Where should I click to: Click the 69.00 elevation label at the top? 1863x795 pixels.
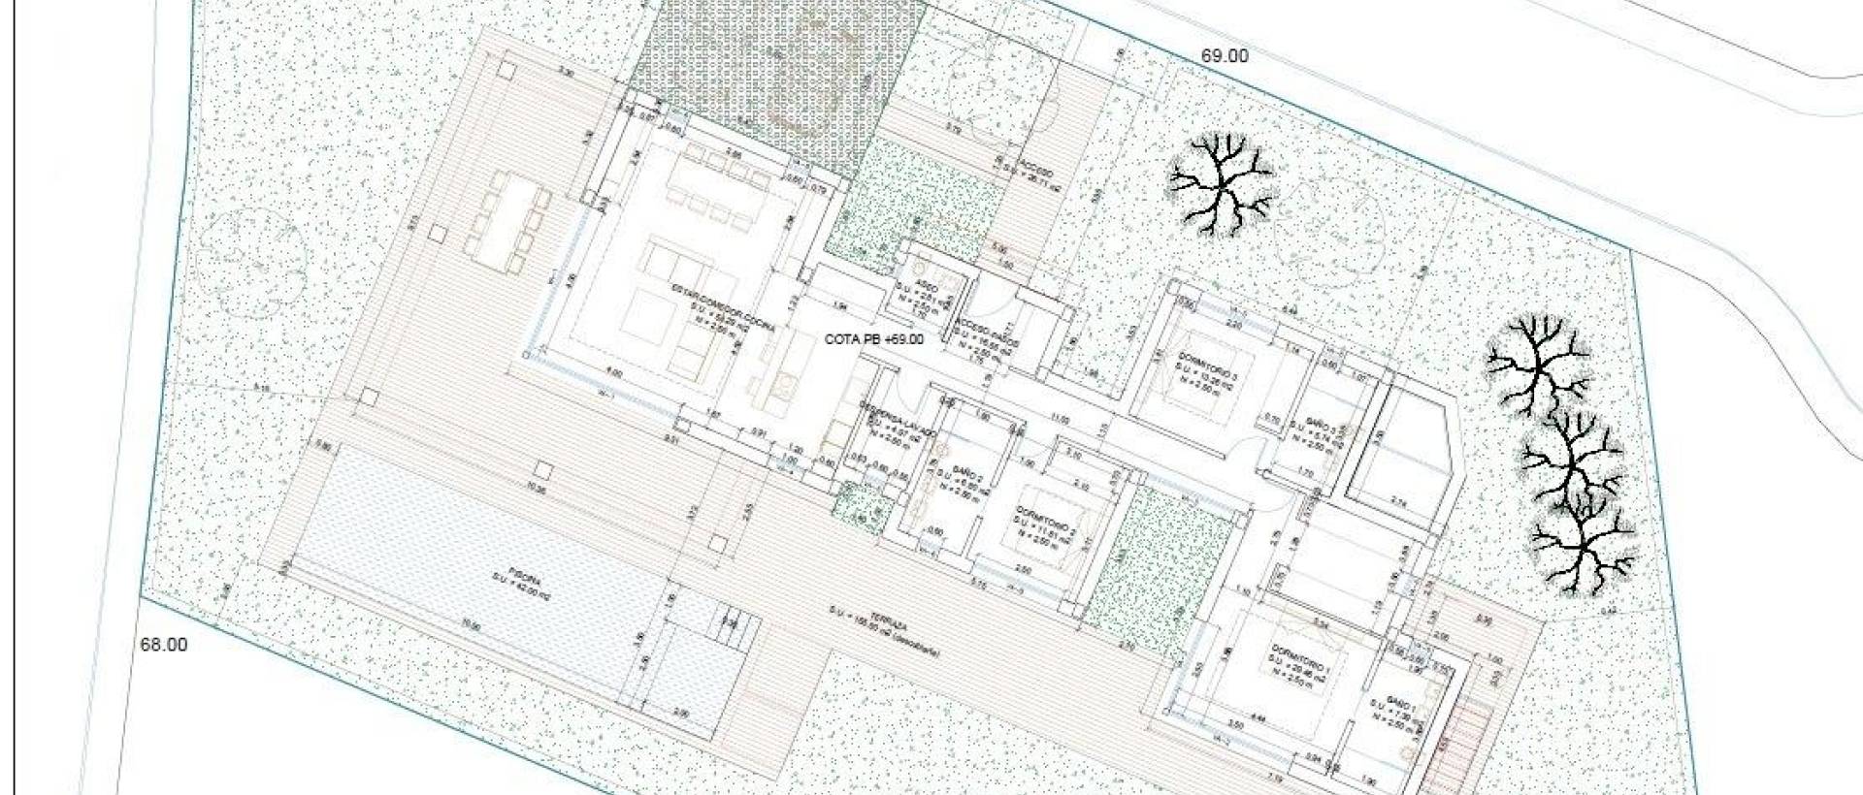1225,56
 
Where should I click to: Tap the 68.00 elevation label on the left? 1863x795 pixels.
164,645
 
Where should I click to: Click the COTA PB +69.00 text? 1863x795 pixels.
873,339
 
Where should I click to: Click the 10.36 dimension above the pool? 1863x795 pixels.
536,491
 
